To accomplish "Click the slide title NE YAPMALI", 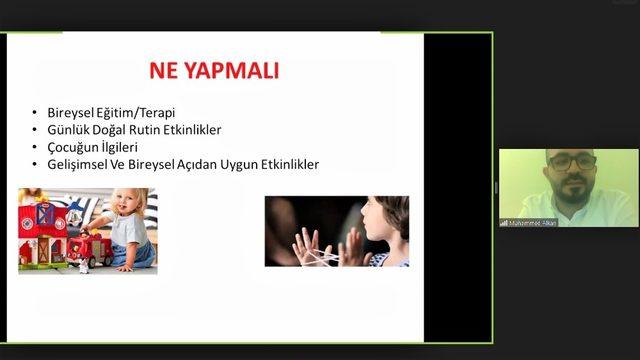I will click(x=213, y=70).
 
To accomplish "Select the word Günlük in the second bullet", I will click(x=68, y=130).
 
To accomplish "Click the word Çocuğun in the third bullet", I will click(x=73, y=147).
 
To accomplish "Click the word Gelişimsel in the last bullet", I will click(x=78, y=164).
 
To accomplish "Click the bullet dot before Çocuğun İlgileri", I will click(x=37, y=148).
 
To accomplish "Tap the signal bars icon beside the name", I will click(x=505, y=222).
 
